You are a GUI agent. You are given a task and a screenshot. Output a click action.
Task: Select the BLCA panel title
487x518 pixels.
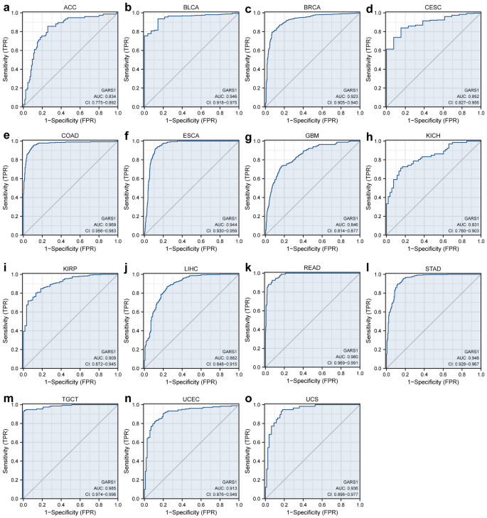tap(190, 6)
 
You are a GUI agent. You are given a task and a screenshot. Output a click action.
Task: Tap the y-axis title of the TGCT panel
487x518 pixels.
tap(7, 446)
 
